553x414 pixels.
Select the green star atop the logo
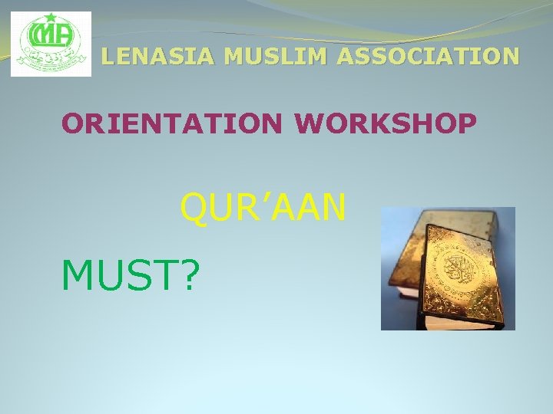(51, 18)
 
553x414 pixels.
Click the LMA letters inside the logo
(49, 36)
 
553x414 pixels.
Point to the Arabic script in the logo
(51, 60)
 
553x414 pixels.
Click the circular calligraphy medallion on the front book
(459, 270)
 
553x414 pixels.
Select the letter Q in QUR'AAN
(195, 208)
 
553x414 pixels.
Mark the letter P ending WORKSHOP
(465, 123)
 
